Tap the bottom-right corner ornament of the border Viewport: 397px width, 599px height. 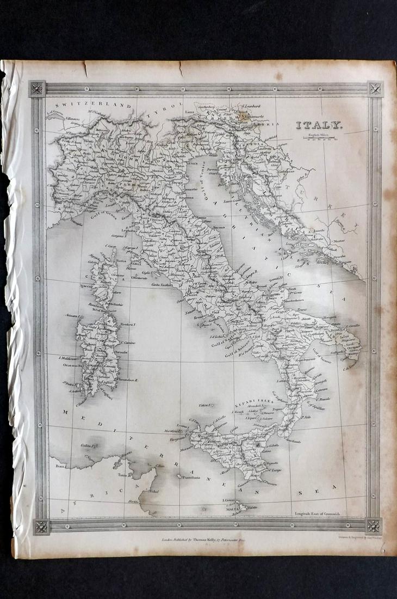(x=374, y=525)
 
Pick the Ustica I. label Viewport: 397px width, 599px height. (x=205, y=405)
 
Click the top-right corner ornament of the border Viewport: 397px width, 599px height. (x=374, y=89)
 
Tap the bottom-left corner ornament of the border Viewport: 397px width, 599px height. (x=41, y=526)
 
